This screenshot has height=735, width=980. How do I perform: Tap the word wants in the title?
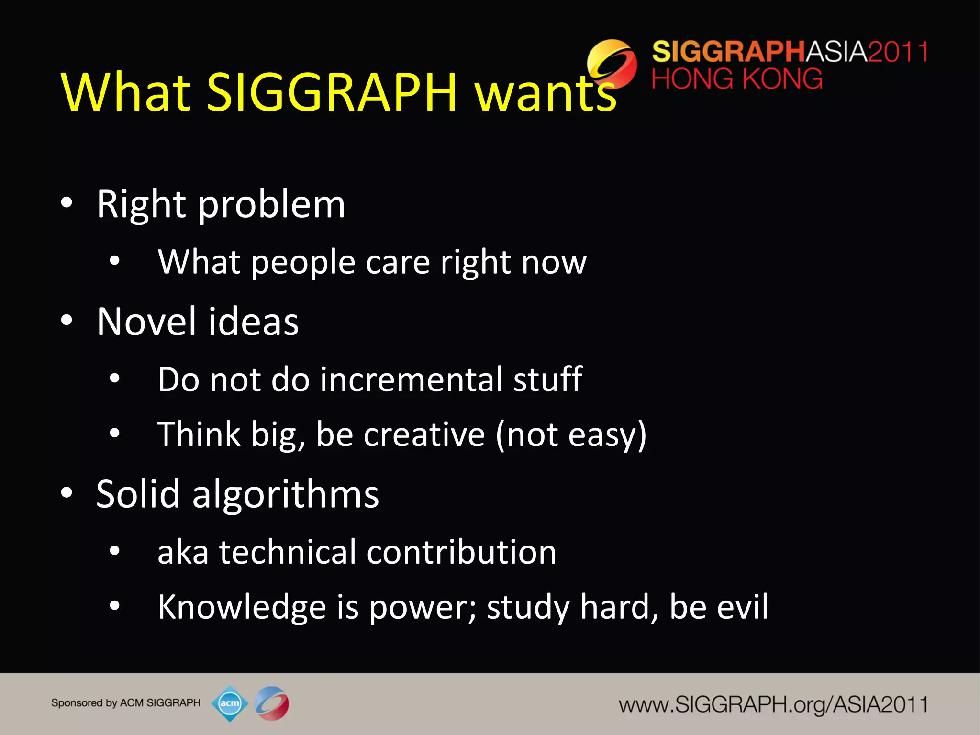click(546, 93)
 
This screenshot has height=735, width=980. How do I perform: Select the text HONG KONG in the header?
click(737, 79)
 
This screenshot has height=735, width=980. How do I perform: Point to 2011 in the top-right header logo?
click(898, 52)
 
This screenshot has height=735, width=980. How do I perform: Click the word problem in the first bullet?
click(271, 205)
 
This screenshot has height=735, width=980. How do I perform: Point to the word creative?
click(424, 434)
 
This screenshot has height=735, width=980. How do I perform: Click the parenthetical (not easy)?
click(571, 434)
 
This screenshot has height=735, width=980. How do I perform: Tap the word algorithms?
click(286, 494)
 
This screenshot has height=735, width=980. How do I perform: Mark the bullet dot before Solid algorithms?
click(67, 493)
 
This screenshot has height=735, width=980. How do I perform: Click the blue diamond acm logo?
click(230, 703)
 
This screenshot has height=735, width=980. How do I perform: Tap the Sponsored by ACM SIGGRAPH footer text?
click(126, 703)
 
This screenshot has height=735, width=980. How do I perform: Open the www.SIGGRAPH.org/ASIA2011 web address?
click(773, 705)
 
